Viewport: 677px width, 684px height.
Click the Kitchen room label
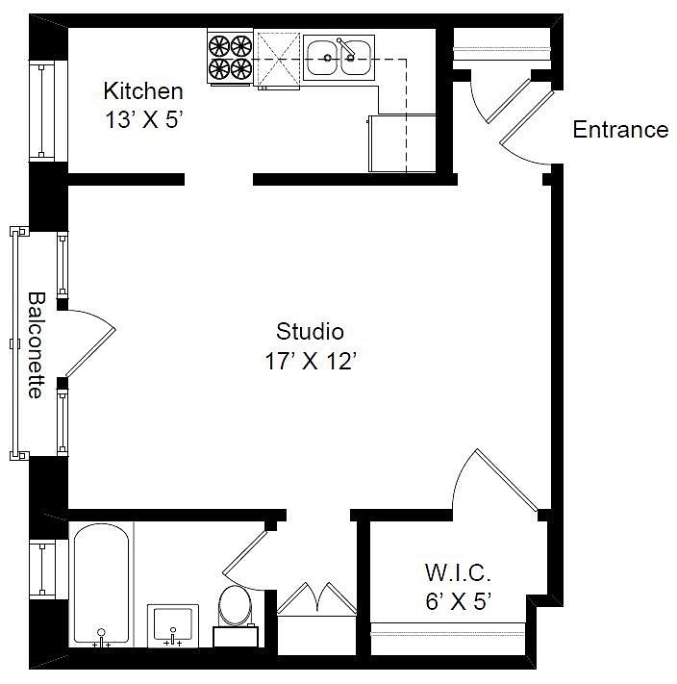pos(143,91)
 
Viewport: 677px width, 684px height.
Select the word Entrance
pos(620,130)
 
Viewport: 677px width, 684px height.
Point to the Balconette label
pos(37,345)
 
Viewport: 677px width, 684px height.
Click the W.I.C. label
pos(458,572)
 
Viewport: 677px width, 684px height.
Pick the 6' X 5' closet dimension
pos(459,602)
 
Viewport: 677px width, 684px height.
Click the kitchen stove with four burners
pos(230,57)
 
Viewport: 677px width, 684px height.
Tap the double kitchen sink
pos(338,58)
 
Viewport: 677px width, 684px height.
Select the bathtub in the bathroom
pos(101,586)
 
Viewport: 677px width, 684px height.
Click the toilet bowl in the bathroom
pos(236,605)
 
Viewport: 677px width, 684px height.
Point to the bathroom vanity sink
pos(173,626)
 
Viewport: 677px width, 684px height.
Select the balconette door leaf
pos(90,351)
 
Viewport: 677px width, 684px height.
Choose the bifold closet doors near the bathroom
pos(317,598)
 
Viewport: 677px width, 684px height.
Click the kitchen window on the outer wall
pos(42,112)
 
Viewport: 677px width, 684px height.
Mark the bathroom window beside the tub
pos(42,570)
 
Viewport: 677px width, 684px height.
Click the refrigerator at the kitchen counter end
pos(402,143)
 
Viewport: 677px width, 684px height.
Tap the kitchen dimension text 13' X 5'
pos(143,119)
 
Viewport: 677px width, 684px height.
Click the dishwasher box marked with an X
pos(278,59)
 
